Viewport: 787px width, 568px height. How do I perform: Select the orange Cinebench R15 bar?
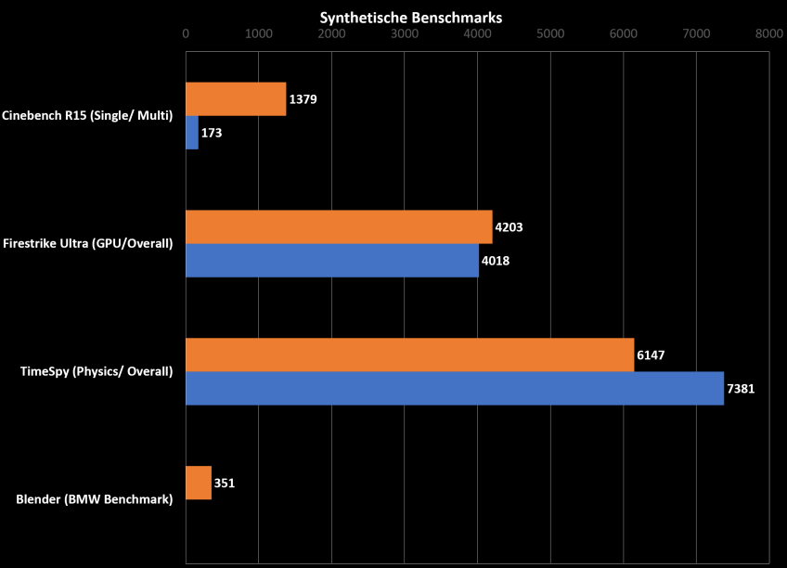pos(236,99)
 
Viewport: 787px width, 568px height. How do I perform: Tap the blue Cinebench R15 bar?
pos(192,133)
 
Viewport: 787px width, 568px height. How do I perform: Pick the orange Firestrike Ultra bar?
pos(339,226)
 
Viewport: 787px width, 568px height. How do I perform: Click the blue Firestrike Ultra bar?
pos(332,261)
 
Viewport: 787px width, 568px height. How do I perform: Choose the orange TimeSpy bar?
pos(409,355)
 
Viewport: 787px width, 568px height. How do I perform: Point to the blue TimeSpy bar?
pos(455,389)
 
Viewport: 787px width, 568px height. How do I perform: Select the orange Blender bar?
pos(199,483)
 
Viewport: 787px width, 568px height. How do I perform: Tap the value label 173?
pos(212,134)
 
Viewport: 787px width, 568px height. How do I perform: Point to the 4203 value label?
pos(510,226)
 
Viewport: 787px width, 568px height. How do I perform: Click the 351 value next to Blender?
pos(224,483)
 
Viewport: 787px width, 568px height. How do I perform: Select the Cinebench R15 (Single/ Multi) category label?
pos(88,116)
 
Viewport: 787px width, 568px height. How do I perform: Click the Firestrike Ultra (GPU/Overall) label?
pos(88,244)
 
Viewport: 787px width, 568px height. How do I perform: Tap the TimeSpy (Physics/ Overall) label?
pos(97,372)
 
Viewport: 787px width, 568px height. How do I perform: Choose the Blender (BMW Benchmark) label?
pos(95,500)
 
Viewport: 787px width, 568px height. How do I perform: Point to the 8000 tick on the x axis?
pos(768,33)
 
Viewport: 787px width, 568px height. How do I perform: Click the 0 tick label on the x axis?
pos(186,33)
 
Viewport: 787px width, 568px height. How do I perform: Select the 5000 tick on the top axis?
pos(550,33)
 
